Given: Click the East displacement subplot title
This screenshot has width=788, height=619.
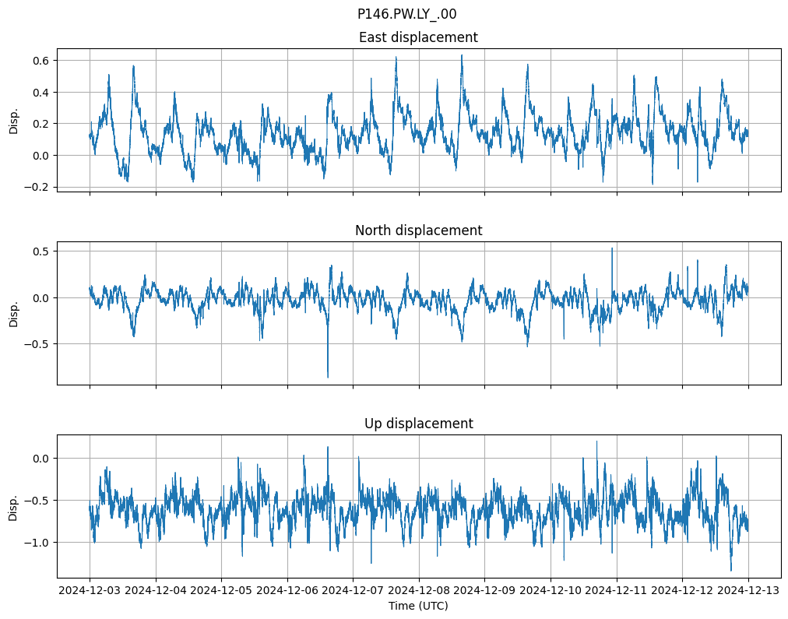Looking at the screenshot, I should [418, 37].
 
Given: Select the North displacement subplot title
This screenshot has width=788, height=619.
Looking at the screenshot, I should [418, 230].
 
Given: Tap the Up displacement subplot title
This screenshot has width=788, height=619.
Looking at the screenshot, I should [418, 424].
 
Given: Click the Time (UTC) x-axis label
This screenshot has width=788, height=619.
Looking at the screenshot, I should [418, 606].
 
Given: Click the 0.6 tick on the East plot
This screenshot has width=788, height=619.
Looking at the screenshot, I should [40, 61].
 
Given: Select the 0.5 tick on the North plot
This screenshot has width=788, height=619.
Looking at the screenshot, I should [40, 251].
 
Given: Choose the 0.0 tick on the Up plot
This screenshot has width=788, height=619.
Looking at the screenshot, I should [40, 458].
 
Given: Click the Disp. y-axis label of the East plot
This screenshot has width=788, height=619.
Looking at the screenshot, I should [14, 120].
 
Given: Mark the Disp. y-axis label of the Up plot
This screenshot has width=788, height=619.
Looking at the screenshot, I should [14, 506].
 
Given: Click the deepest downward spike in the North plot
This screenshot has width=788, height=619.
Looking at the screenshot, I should [328, 377].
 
